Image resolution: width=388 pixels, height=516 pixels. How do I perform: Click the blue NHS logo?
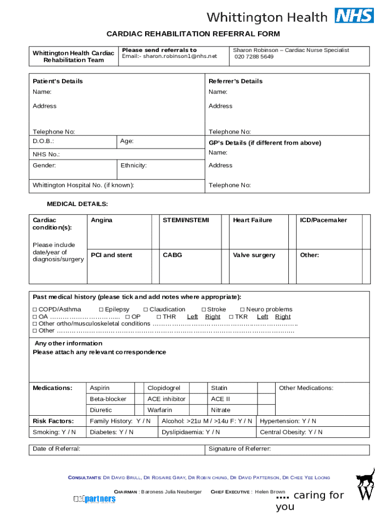point(354,16)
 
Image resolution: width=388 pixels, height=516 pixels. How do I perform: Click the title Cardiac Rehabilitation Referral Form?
point(193,34)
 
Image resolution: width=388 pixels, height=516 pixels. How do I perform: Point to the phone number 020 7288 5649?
point(254,57)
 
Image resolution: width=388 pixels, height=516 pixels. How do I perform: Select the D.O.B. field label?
point(43,142)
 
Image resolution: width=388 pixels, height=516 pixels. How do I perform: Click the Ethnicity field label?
point(134,165)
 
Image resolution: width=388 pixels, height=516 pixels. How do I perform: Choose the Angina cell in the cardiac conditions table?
point(102,220)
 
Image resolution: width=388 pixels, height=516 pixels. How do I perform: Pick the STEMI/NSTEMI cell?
point(185,220)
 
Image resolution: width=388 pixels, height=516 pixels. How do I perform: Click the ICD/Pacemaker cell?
point(324,220)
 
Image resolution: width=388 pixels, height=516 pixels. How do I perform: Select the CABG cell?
point(172,255)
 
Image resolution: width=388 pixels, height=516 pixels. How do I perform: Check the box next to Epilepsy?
point(101,309)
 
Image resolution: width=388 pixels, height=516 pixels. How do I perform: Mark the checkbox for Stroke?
point(204,309)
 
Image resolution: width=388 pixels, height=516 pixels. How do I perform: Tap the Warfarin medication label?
point(159,410)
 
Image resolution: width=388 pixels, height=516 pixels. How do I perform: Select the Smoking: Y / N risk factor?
point(54,432)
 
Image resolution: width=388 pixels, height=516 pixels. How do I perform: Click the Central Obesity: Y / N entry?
point(291,432)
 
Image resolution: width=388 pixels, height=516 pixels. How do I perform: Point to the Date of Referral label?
point(56,449)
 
